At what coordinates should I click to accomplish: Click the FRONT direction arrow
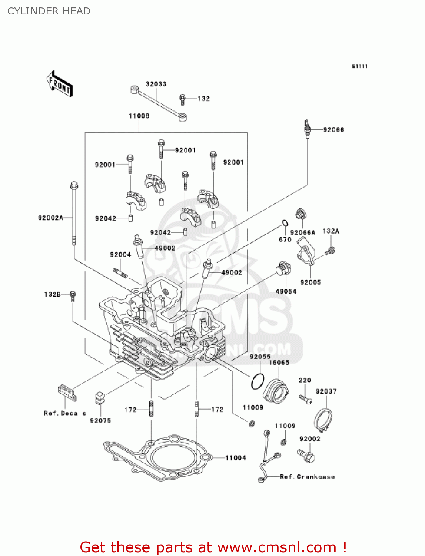(60, 84)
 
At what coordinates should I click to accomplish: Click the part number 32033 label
(156, 84)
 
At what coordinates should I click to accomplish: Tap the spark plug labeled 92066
(307, 129)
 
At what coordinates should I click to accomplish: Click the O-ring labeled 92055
(258, 381)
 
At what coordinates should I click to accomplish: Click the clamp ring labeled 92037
(323, 420)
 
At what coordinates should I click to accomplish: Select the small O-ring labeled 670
(285, 223)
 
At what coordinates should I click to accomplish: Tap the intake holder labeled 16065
(276, 391)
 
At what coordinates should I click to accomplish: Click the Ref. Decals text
(65, 413)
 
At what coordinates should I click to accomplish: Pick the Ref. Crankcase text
(307, 477)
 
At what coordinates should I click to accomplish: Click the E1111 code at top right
(359, 66)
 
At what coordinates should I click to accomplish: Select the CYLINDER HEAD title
(49, 11)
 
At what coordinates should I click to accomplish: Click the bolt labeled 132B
(73, 295)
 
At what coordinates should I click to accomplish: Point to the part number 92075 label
(100, 421)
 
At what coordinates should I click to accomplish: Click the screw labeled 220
(305, 399)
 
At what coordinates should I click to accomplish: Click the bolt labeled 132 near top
(182, 99)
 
